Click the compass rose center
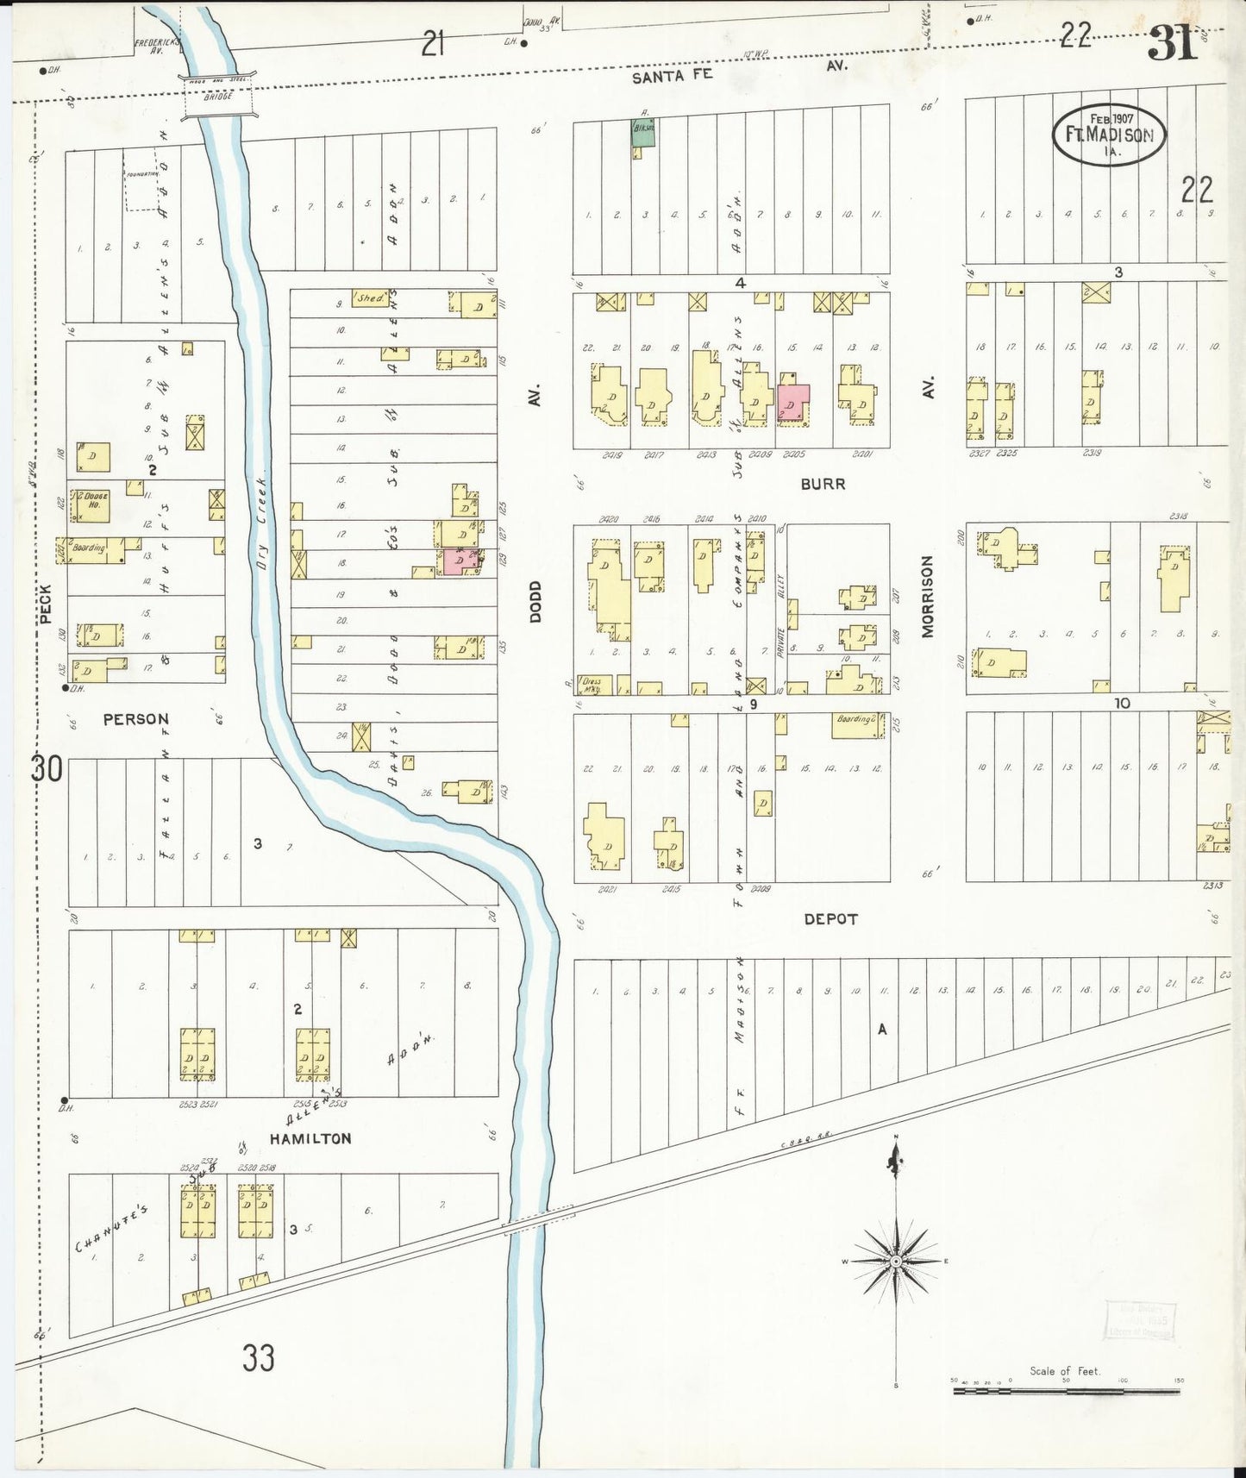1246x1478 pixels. pos(896,1261)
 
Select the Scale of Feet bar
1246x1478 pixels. pos(1067,1389)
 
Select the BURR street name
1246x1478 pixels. pos(823,484)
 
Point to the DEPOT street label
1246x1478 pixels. pos(830,919)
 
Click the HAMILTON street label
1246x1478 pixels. pos(310,1138)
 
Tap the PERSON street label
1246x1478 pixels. pos(136,718)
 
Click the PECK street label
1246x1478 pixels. pos(46,604)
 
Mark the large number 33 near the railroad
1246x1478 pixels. pos(258,1358)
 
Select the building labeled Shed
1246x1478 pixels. pos(370,297)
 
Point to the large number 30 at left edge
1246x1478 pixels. pos(47,767)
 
